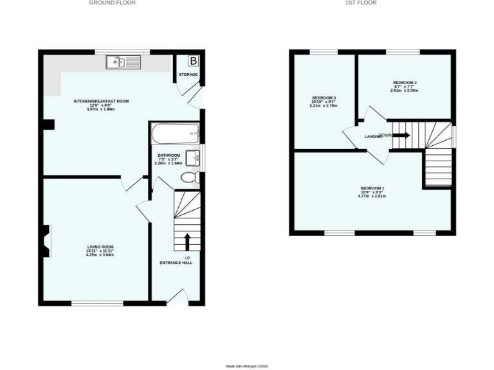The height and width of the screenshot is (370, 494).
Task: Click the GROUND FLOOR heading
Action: click(112, 3)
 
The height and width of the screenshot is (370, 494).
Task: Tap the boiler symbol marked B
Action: click(193, 61)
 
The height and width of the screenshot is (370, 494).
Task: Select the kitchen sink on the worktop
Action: click(123, 62)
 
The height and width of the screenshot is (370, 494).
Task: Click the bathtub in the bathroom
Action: click(176, 134)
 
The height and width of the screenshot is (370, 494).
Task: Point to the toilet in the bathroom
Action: click(190, 177)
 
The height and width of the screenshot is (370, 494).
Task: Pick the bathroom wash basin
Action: click(192, 157)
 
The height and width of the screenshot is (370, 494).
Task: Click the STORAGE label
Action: click(188, 75)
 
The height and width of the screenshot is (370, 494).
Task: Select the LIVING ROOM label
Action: click(100, 247)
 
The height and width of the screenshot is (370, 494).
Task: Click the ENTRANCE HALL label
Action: click(176, 262)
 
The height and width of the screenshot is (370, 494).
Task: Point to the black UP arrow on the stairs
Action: click(188, 242)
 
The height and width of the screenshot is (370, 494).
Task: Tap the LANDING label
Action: click(374, 137)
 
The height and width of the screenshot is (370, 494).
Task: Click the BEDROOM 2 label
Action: click(405, 83)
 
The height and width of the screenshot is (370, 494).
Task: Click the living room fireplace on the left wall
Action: click(46, 241)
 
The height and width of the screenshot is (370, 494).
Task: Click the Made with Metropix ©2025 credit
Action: click(246, 366)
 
